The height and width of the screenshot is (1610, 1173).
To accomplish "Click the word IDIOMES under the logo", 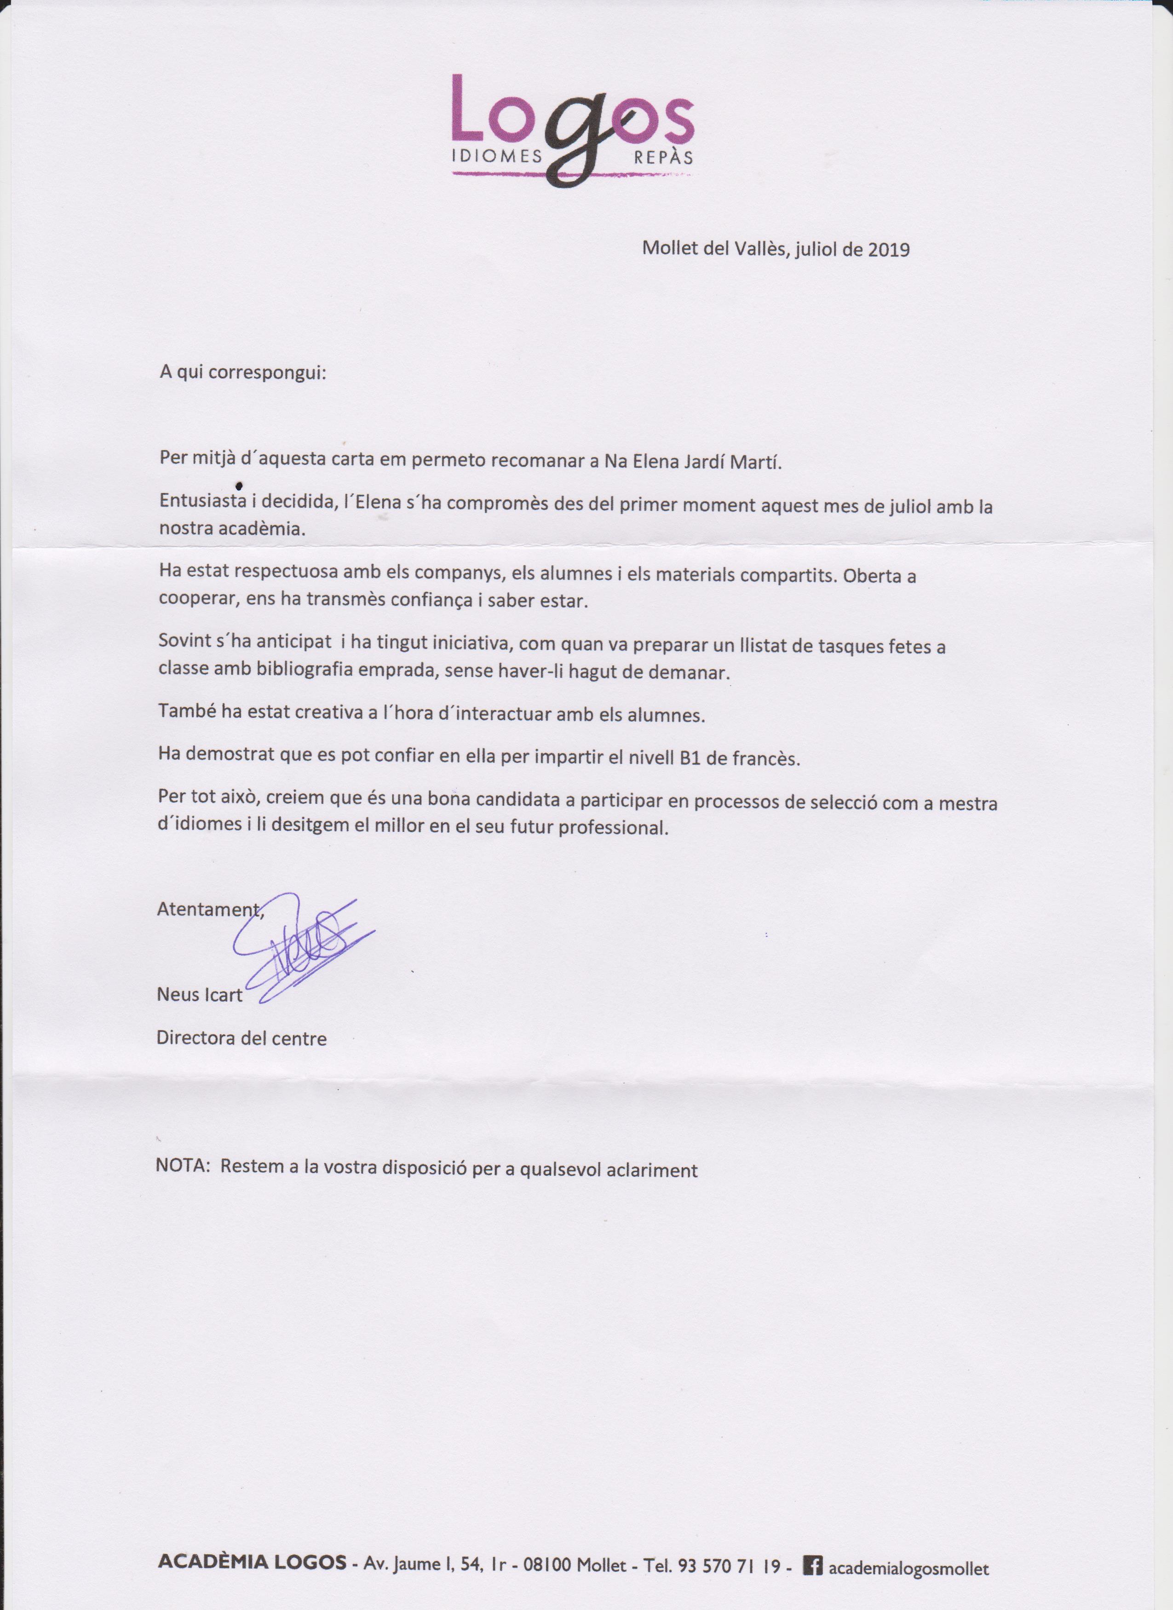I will click(497, 157).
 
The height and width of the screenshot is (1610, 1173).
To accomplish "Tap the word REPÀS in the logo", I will click(662, 157).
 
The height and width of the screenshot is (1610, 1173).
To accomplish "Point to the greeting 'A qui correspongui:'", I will click(242, 372).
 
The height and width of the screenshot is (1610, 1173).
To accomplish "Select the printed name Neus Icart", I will click(200, 995).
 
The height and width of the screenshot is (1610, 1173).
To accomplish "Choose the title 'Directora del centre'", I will click(241, 1038).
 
